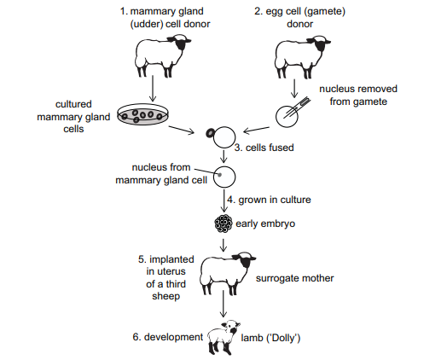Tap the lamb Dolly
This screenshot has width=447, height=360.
(x=224, y=337)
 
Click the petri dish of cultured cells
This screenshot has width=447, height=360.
(x=142, y=114)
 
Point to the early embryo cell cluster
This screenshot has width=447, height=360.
(x=223, y=224)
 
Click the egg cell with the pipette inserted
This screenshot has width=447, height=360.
(x=287, y=116)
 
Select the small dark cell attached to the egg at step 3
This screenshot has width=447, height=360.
(x=211, y=132)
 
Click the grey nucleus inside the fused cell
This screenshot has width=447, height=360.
(x=219, y=174)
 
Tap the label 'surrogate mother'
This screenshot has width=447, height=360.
(x=294, y=278)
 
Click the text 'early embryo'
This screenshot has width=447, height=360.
(x=265, y=224)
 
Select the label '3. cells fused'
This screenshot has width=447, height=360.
(x=264, y=148)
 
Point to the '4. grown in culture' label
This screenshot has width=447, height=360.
(x=269, y=200)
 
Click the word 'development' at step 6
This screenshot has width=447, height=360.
(x=173, y=337)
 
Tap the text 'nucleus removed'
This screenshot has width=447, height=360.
(x=358, y=89)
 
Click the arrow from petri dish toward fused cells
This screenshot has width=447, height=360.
(x=182, y=130)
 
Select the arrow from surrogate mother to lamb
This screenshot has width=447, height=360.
(x=223, y=304)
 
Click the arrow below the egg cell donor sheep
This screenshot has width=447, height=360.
(x=294, y=89)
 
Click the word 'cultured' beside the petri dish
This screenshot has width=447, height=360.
(x=73, y=104)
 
